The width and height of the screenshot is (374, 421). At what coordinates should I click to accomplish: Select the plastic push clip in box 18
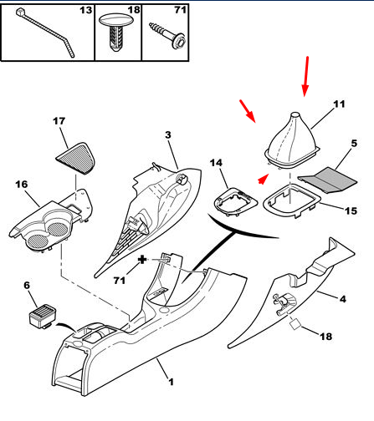coord(116,32)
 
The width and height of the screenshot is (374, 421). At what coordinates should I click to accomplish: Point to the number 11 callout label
coord(339,104)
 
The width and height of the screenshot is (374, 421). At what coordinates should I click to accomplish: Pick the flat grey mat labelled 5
coord(328,180)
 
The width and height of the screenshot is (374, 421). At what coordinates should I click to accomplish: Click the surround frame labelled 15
coord(292,200)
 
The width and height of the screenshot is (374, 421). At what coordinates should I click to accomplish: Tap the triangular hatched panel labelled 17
coord(77,158)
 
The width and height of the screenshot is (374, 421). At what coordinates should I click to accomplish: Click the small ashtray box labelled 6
coord(43,316)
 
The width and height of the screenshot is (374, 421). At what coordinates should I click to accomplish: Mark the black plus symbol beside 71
coord(142,260)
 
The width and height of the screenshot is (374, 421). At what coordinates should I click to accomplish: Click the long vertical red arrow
coord(306,76)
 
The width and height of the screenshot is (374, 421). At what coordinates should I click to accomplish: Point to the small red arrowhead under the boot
coord(262,179)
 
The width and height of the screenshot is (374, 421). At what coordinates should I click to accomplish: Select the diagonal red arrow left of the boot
coord(248,111)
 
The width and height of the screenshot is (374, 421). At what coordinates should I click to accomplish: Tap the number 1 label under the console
coord(171,382)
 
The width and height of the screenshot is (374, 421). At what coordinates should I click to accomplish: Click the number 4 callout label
coord(343,299)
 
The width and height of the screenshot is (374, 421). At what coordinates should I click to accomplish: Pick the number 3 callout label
coord(167,134)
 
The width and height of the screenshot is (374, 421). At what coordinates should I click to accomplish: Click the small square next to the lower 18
coord(295,325)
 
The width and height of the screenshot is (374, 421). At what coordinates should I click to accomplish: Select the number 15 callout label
coord(351,210)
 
